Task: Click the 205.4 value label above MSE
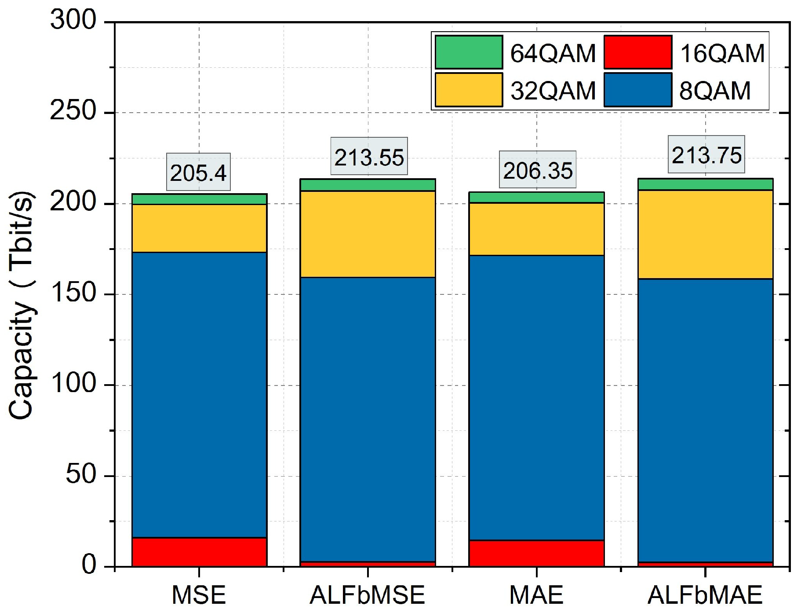click(198, 173)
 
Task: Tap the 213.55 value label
click(369, 157)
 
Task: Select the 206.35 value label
click(538, 170)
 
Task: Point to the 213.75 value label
click(706, 155)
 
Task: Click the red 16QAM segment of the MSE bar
click(199, 552)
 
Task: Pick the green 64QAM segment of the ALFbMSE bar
click(368, 185)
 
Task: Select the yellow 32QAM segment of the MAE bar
click(537, 229)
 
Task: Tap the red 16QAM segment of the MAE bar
click(537, 553)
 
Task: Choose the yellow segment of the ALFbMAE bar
click(706, 234)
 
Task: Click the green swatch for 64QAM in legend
click(469, 52)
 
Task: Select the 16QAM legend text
click(722, 53)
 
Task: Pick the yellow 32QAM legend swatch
click(469, 90)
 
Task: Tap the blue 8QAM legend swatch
click(638, 90)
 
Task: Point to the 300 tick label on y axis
click(73, 20)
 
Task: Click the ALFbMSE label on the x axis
click(368, 595)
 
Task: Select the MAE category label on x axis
click(536, 595)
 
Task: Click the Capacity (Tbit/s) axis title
click(22, 305)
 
